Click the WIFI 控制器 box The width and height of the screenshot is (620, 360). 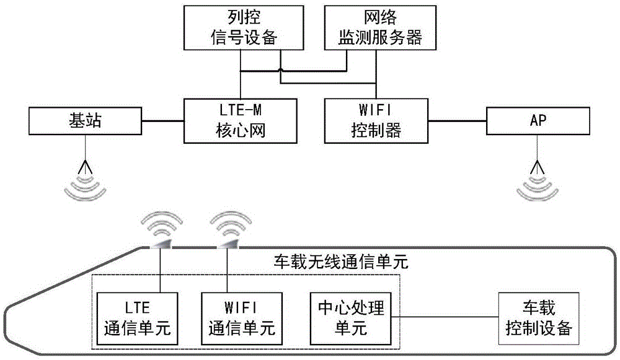(376, 121)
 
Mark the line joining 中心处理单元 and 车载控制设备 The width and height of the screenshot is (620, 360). (446, 318)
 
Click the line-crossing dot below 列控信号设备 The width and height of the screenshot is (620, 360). (280, 69)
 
